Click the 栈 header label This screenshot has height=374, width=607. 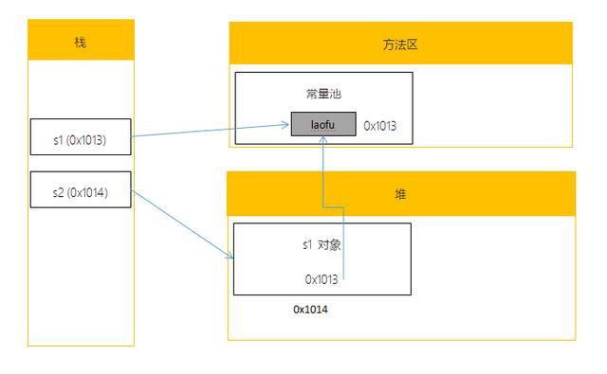tap(81, 43)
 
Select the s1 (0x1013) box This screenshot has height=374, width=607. tap(81, 141)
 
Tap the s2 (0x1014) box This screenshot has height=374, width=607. tap(81, 193)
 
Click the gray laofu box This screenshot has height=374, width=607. tap(323, 124)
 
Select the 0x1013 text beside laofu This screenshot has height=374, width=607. tap(379, 125)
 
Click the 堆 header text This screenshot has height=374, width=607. tap(400, 193)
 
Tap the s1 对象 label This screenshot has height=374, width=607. tap(322, 244)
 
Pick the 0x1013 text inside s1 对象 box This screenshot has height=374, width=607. tap(322, 278)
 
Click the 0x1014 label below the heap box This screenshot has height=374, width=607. tap(311, 310)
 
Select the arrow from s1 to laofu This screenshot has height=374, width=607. tap(209, 132)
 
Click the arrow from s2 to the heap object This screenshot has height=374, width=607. tap(180, 223)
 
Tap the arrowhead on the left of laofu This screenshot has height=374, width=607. tap(286, 124)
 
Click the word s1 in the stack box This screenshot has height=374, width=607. tap(59, 141)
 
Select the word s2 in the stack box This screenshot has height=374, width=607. tap(59, 193)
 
